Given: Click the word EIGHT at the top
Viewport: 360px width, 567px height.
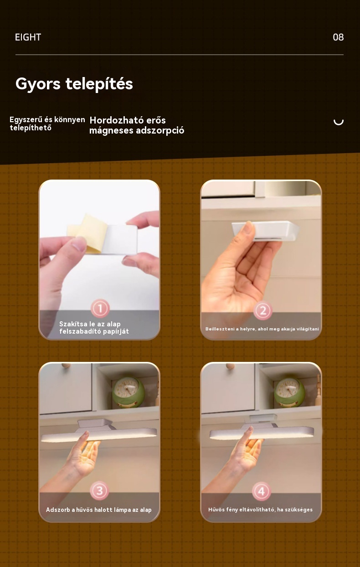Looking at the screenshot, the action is pyautogui.click(x=28, y=37).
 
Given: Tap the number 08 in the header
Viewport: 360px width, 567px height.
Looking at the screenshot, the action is pyautogui.click(x=338, y=37).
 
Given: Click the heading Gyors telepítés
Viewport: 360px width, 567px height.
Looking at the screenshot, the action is pyautogui.click(x=74, y=84).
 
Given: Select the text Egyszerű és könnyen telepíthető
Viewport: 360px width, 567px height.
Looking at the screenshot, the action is pyautogui.click(x=47, y=124).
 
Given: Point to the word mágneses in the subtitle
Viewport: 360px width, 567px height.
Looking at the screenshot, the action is pyautogui.click(x=112, y=131).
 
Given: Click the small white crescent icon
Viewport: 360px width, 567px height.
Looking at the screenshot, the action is pyautogui.click(x=339, y=123).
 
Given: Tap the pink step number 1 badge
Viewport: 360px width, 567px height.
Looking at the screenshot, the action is pyautogui.click(x=100, y=308).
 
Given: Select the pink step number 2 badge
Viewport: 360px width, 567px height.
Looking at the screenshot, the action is pyautogui.click(x=263, y=310).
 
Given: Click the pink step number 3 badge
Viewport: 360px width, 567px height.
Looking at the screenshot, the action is pyautogui.click(x=99, y=490).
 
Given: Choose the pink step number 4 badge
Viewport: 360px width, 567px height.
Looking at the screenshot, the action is pyautogui.click(x=262, y=491).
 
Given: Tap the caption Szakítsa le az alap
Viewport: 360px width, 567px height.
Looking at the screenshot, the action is pyautogui.click(x=90, y=324).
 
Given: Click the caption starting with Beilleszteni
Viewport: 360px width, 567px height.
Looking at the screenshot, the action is pyautogui.click(x=262, y=329).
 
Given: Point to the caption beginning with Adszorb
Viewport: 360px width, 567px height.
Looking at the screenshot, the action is pyautogui.click(x=99, y=510).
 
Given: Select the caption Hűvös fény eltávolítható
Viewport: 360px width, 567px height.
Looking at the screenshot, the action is pyautogui.click(x=260, y=510).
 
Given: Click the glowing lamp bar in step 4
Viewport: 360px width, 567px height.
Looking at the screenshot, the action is pyautogui.click(x=262, y=433).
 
